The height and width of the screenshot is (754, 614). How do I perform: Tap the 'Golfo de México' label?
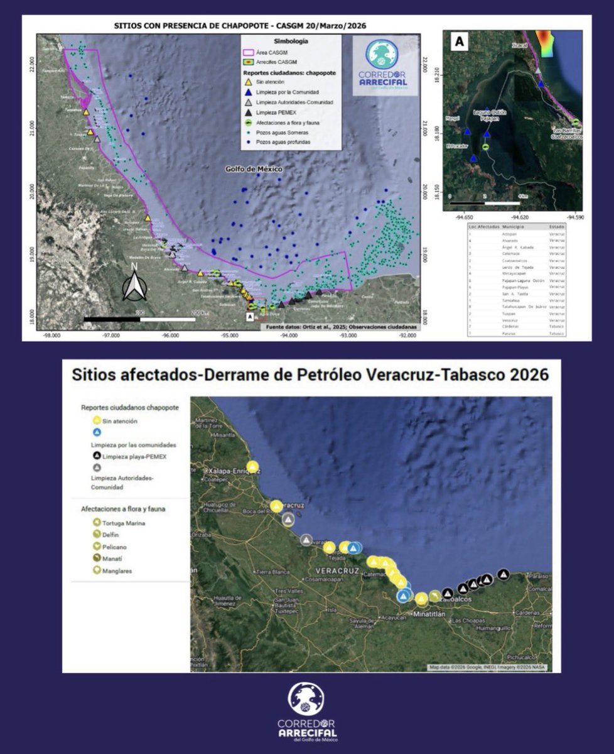click(x=254, y=170)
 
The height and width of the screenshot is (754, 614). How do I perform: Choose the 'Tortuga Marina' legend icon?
click(x=97, y=523)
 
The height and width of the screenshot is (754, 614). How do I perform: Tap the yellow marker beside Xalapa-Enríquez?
click(x=252, y=467)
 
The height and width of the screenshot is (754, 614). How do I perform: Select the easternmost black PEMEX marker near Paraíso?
click(x=504, y=574)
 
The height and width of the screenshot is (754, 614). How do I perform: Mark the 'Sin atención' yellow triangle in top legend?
click(x=249, y=82)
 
